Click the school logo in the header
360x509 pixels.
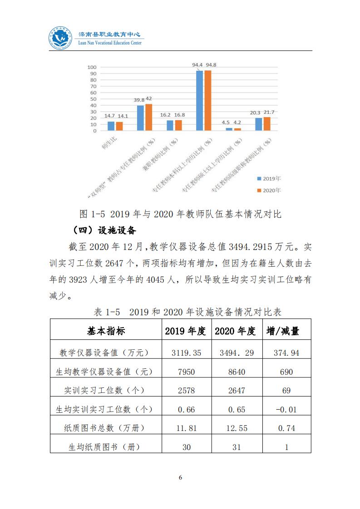tap(61, 39)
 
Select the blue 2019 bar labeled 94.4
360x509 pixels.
tap(199, 101)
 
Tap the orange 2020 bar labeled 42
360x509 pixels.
tap(148, 117)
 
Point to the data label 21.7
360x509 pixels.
tap(269, 112)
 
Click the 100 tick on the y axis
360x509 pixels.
tap(92, 68)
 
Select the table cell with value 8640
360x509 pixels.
tap(235, 372)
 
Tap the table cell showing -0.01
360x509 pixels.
tap(286, 409)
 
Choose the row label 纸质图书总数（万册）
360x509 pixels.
tap(107, 428)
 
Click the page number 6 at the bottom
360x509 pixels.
tap(180, 477)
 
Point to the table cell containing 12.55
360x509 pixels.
tap(235, 428)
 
